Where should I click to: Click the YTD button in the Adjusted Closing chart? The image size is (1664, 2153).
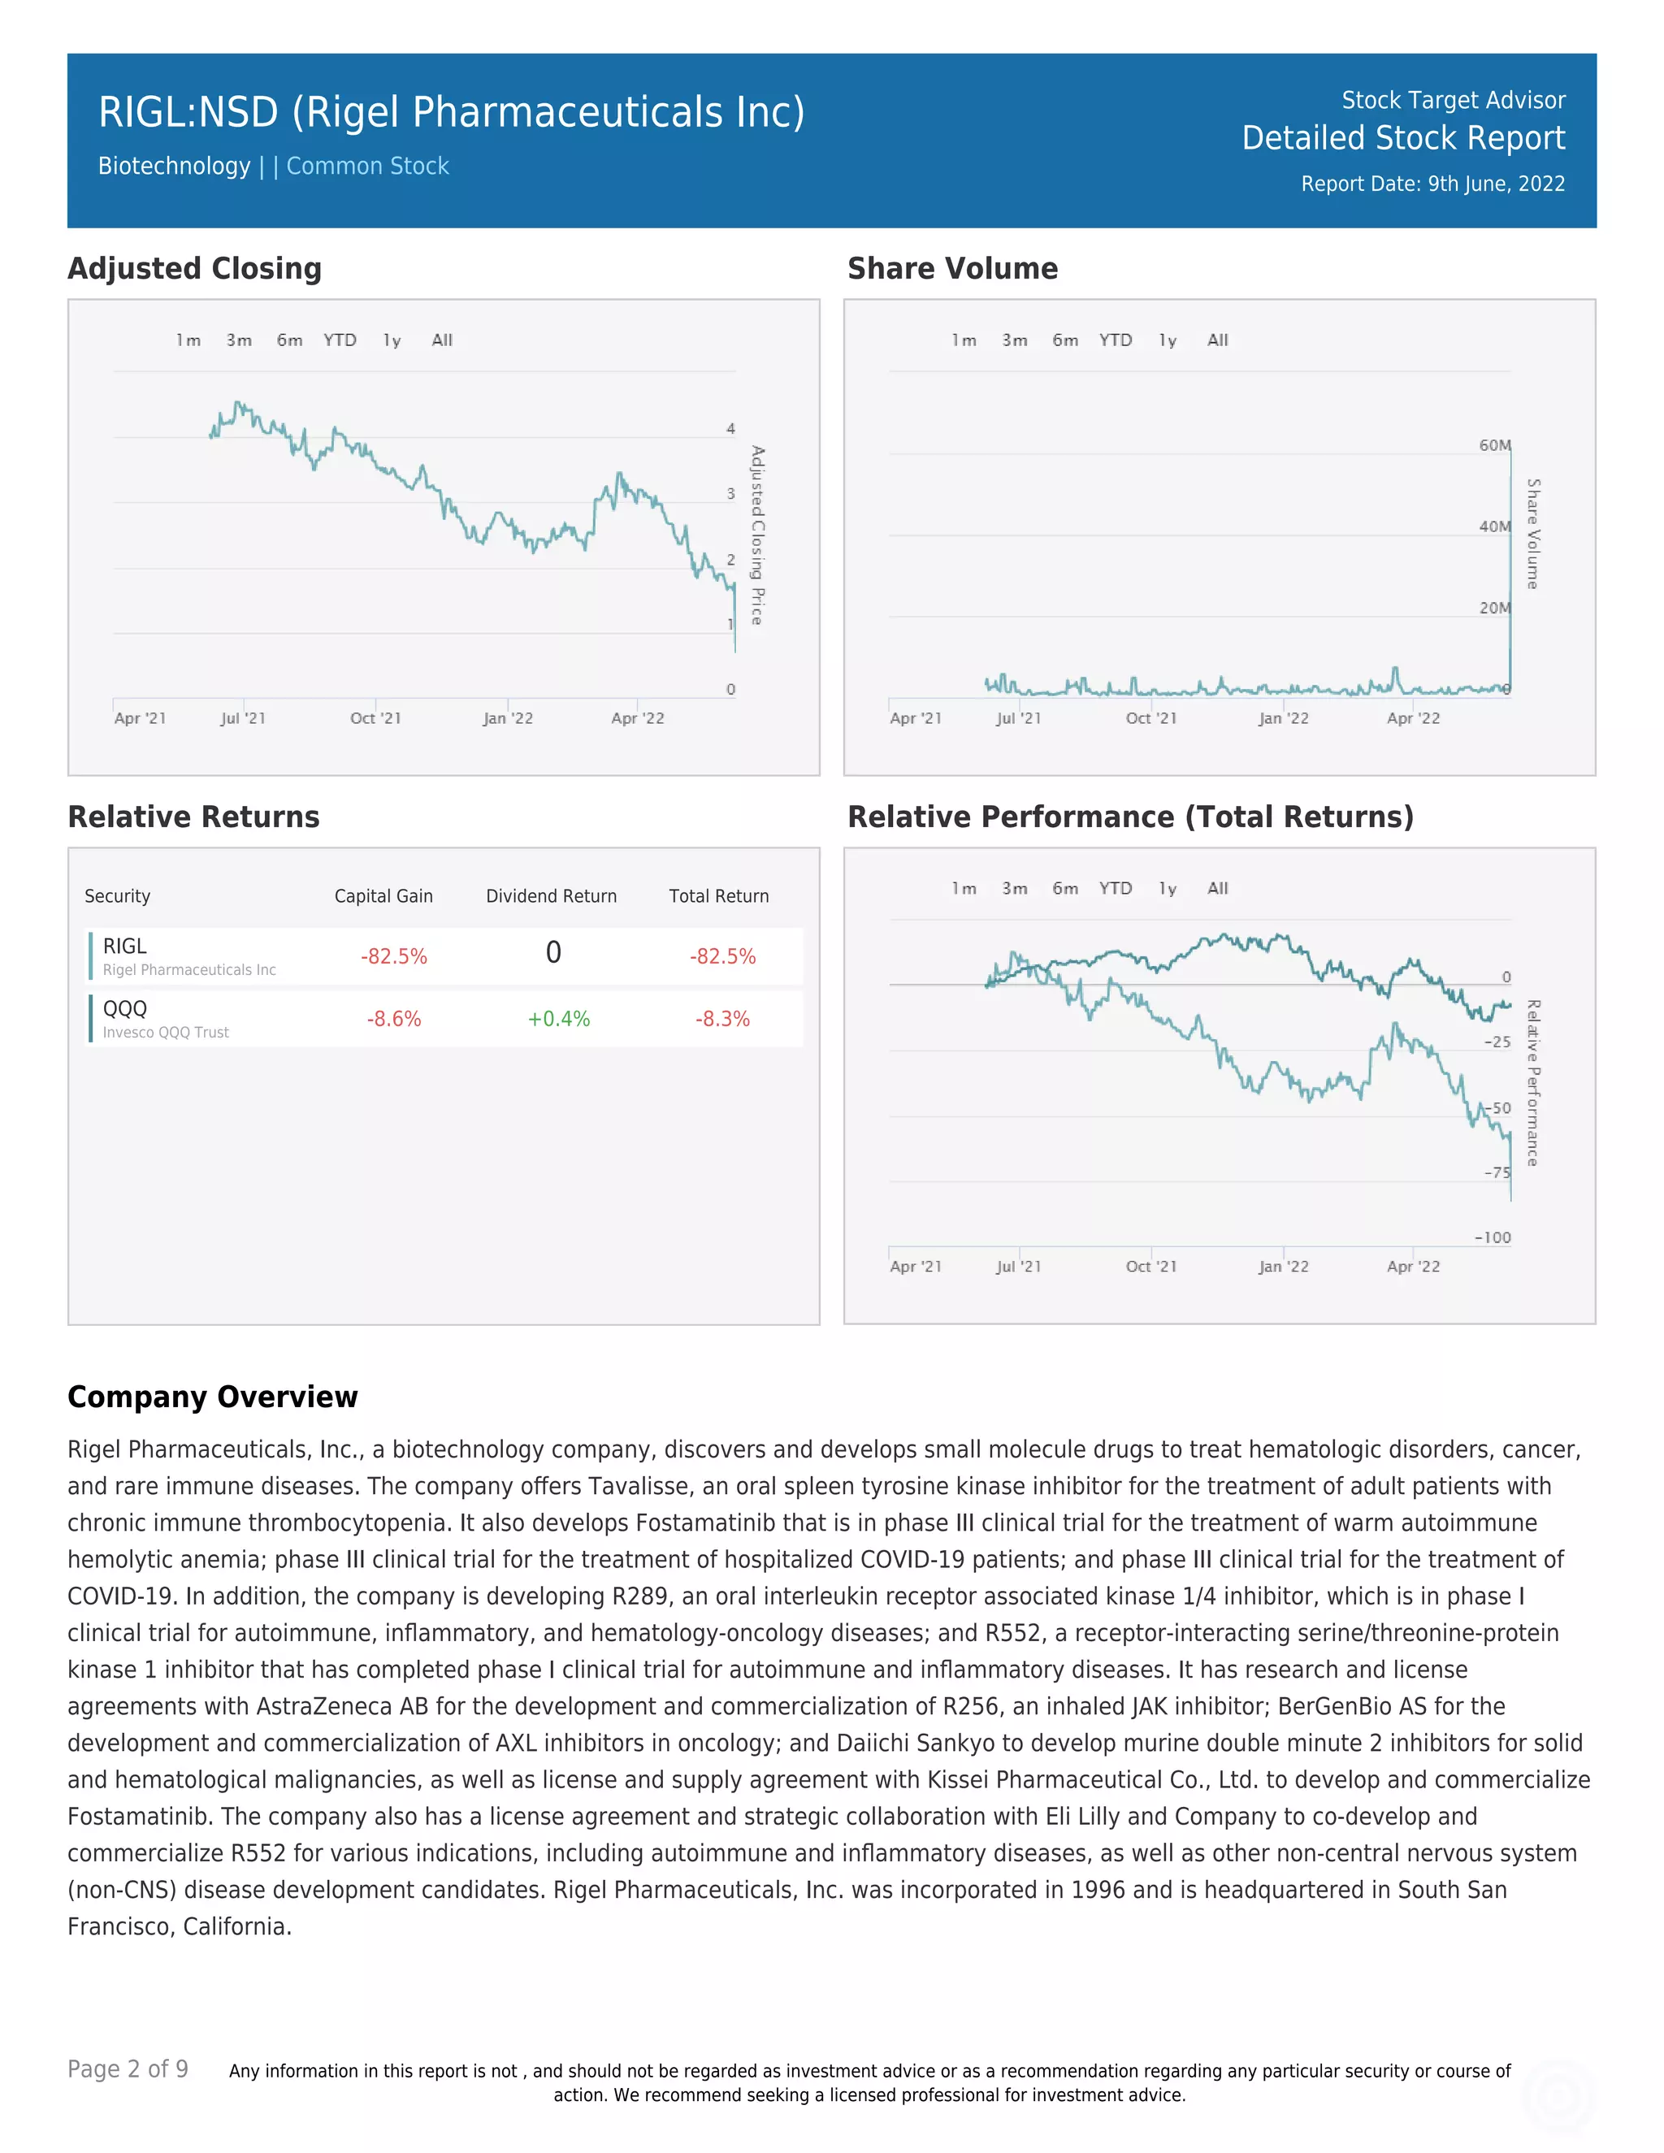(x=340, y=340)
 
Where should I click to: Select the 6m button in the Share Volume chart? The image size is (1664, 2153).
(x=1064, y=340)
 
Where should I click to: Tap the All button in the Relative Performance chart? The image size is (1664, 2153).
(x=1217, y=888)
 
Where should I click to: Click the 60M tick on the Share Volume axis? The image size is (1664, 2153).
(x=1494, y=445)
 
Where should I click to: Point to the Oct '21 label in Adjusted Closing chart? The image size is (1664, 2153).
(x=375, y=719)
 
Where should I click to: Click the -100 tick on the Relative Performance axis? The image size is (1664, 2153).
(x=1493, y=1238)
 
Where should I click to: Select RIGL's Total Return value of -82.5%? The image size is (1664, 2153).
(x=722, y=956)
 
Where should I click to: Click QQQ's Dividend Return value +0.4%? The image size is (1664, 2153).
(x=558, y=1020)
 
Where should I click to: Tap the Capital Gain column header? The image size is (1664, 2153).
(x=383, y=896)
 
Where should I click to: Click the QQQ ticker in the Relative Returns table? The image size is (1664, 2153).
(x=125, y=1008)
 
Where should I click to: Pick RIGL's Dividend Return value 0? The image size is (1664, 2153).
(x=553, y=953)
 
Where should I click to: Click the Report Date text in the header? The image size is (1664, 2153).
(x=1432, y=184)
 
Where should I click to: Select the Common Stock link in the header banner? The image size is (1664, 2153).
(x=368, y=167)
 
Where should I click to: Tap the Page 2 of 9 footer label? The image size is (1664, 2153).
(x=128, y=2069)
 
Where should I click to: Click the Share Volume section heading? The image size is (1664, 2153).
(x=952, y=269)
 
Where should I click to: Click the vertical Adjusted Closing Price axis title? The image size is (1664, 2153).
(x=757, y=535)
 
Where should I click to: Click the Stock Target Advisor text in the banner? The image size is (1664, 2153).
(x=1453, y=101)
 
